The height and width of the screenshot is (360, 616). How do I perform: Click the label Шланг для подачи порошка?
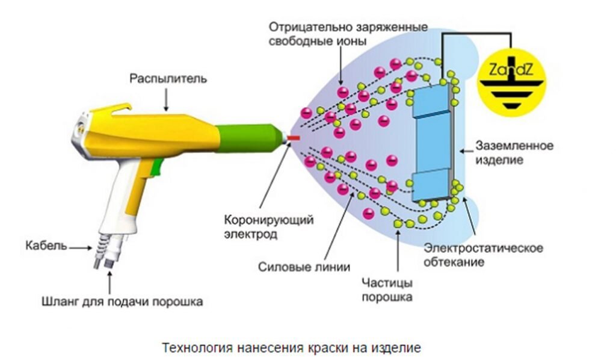coord(122,300)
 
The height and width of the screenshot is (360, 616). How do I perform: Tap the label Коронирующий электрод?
coord(268,226)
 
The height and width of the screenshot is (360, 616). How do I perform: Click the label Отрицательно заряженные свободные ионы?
coord(348,34)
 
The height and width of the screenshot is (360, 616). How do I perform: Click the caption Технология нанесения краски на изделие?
coord(291,347)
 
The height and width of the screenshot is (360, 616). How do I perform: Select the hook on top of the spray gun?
coord(114,108)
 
